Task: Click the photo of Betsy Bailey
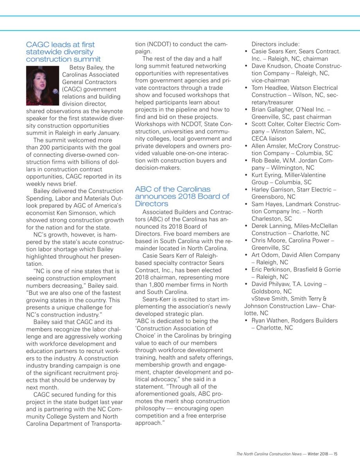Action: [x=42, y=86]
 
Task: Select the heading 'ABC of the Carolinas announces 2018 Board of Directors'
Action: [x=182, y=196]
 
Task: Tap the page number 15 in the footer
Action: [x=335, y=454]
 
